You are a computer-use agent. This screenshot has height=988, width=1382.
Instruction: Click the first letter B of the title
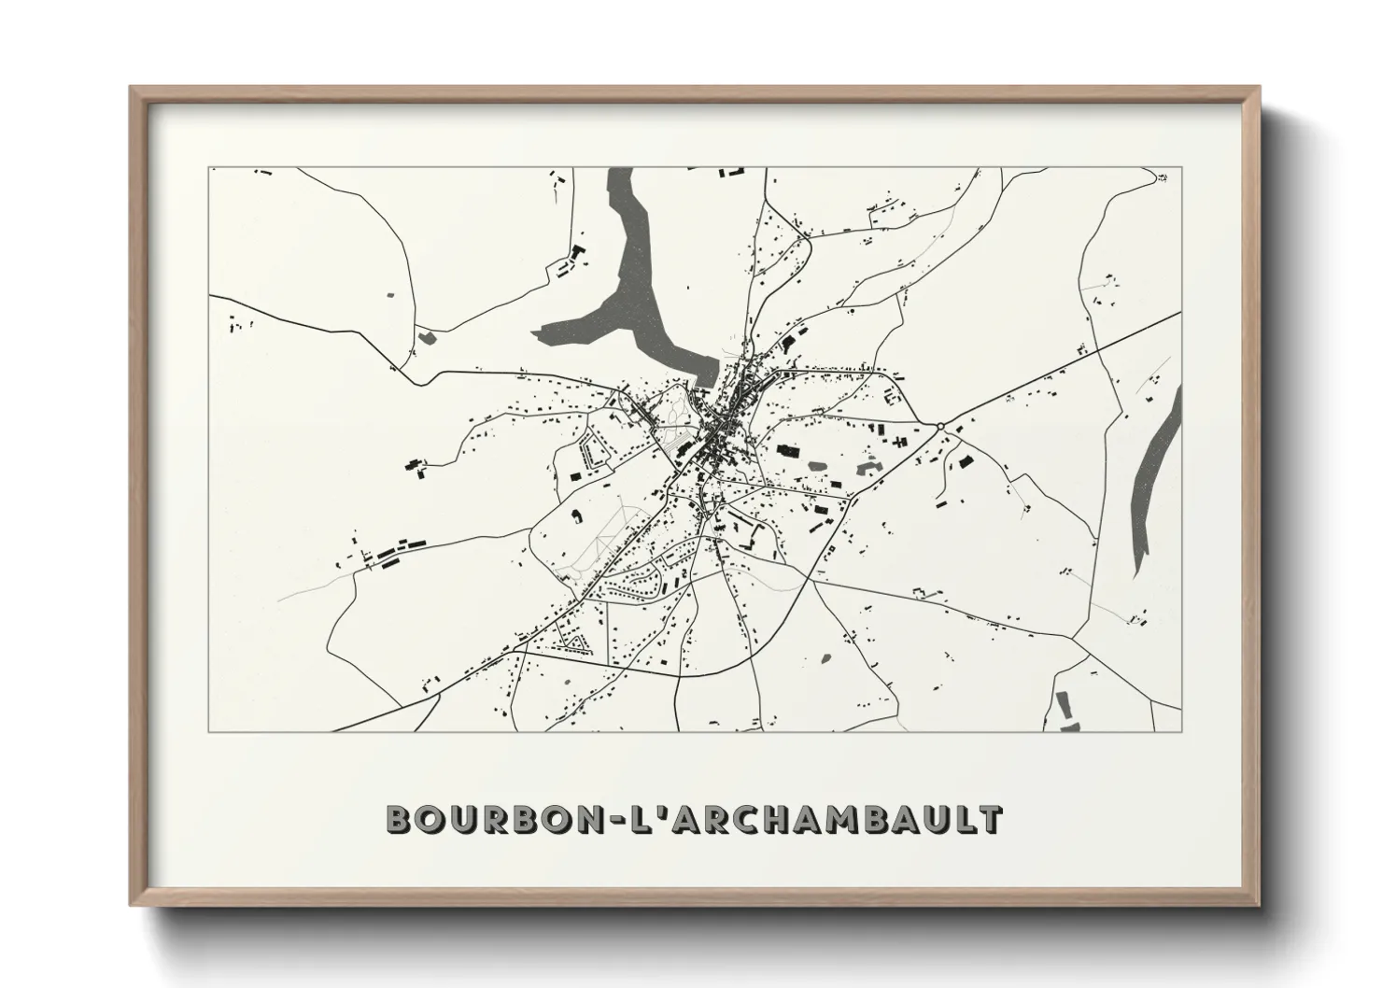(399, 820)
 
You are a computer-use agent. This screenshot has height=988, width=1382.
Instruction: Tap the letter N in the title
(582, 820)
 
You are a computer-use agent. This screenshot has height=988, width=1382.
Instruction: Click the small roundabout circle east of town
(940, 426)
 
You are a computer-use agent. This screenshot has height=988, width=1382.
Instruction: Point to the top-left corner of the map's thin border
(208, 168)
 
